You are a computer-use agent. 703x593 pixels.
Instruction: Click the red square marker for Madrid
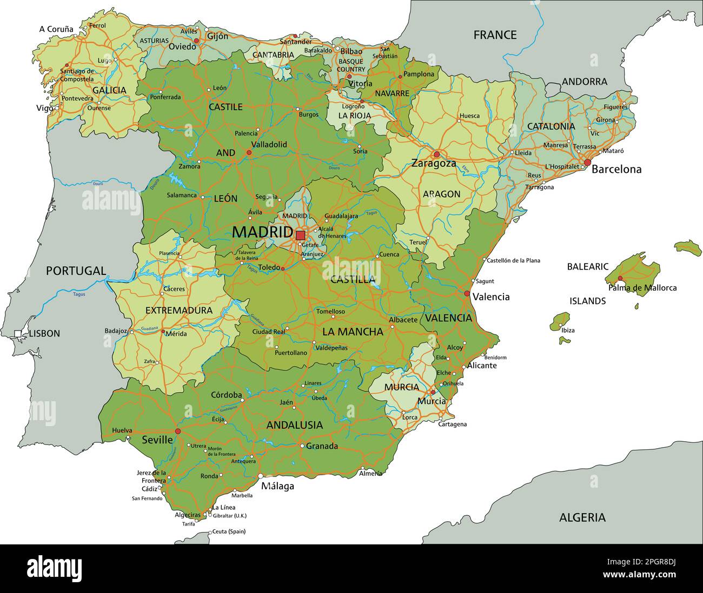tap(300, 235)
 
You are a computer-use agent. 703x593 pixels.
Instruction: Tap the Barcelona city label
tap(616, 169)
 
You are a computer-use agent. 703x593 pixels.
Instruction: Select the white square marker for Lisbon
tap(18, 334)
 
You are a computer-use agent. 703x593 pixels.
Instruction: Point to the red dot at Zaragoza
tap(436, 154)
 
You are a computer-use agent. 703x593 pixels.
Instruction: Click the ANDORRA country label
tap(584, 82)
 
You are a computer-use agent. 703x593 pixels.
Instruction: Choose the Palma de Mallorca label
tap(642, 288)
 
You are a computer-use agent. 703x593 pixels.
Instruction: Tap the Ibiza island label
tap(568, 330)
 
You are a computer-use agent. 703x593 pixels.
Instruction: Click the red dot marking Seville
tap(178, 431)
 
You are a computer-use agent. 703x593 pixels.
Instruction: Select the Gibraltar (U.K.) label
tap(229, 515)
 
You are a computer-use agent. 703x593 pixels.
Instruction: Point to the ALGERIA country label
tap(582, 517)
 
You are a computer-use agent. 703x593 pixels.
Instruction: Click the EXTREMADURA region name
tap(179, 311)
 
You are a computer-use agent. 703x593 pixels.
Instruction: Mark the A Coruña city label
tap(56, 29)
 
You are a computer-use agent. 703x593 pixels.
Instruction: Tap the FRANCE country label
tap(495, 35)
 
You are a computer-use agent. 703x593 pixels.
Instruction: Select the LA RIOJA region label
tap(355, 116)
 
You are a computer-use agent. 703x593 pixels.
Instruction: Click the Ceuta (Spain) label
tap(228, 531)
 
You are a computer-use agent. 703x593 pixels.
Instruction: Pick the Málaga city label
tap(277, 486)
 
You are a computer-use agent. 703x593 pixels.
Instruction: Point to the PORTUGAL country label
tap(76, 271)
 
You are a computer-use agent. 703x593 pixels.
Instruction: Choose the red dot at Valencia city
tap(467, 294)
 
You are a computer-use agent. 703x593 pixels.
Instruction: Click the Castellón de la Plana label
tap(513, 260)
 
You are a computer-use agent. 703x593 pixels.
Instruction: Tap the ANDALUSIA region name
tap(294, 425)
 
